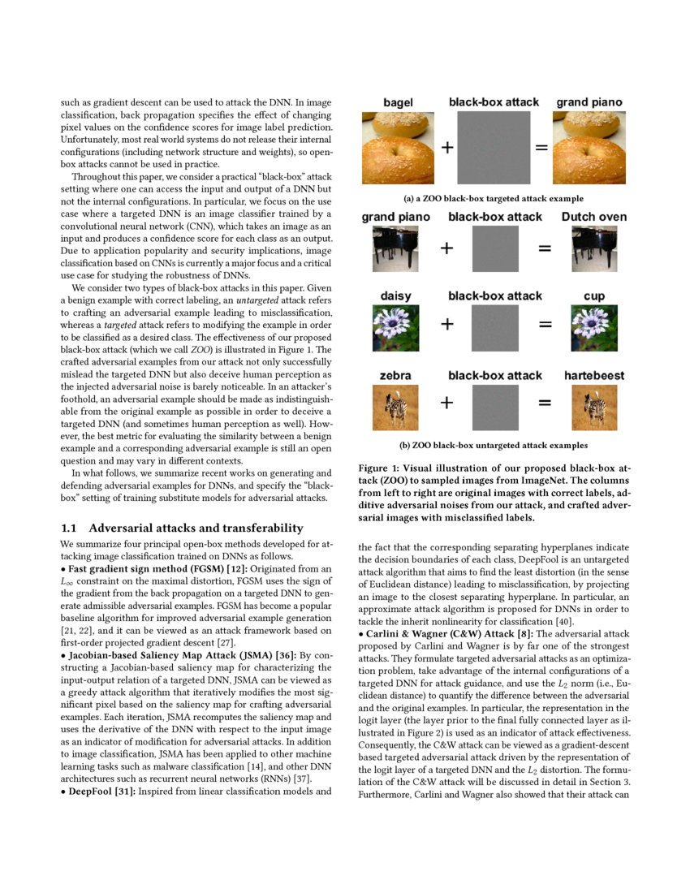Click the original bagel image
pyautogui.click(x=398, y=149)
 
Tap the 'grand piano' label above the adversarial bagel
pyautogui.click(x=589, y=102)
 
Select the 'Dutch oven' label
pyautogui.click(x=593, y=217)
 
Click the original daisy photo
pyautogui.click(x=395, y=327)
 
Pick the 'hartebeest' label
pyautogui.click(x=594, y=375)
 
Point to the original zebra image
pyautogui.click(x=395, y=408)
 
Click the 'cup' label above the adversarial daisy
pyautogui.click(x=594, y=296)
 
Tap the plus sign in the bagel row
pyautogui.click(x=446, y=148)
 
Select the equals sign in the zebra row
pyautogui.click(x=545, y=403)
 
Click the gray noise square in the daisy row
pyautogui.click(x=494, y=327)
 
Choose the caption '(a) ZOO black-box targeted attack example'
pyautogui.click(x=494, y=198)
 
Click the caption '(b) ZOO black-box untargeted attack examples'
pyautogui.click(x=494, y=445)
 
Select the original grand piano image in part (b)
pyautogui.click(x=395, y=248)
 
